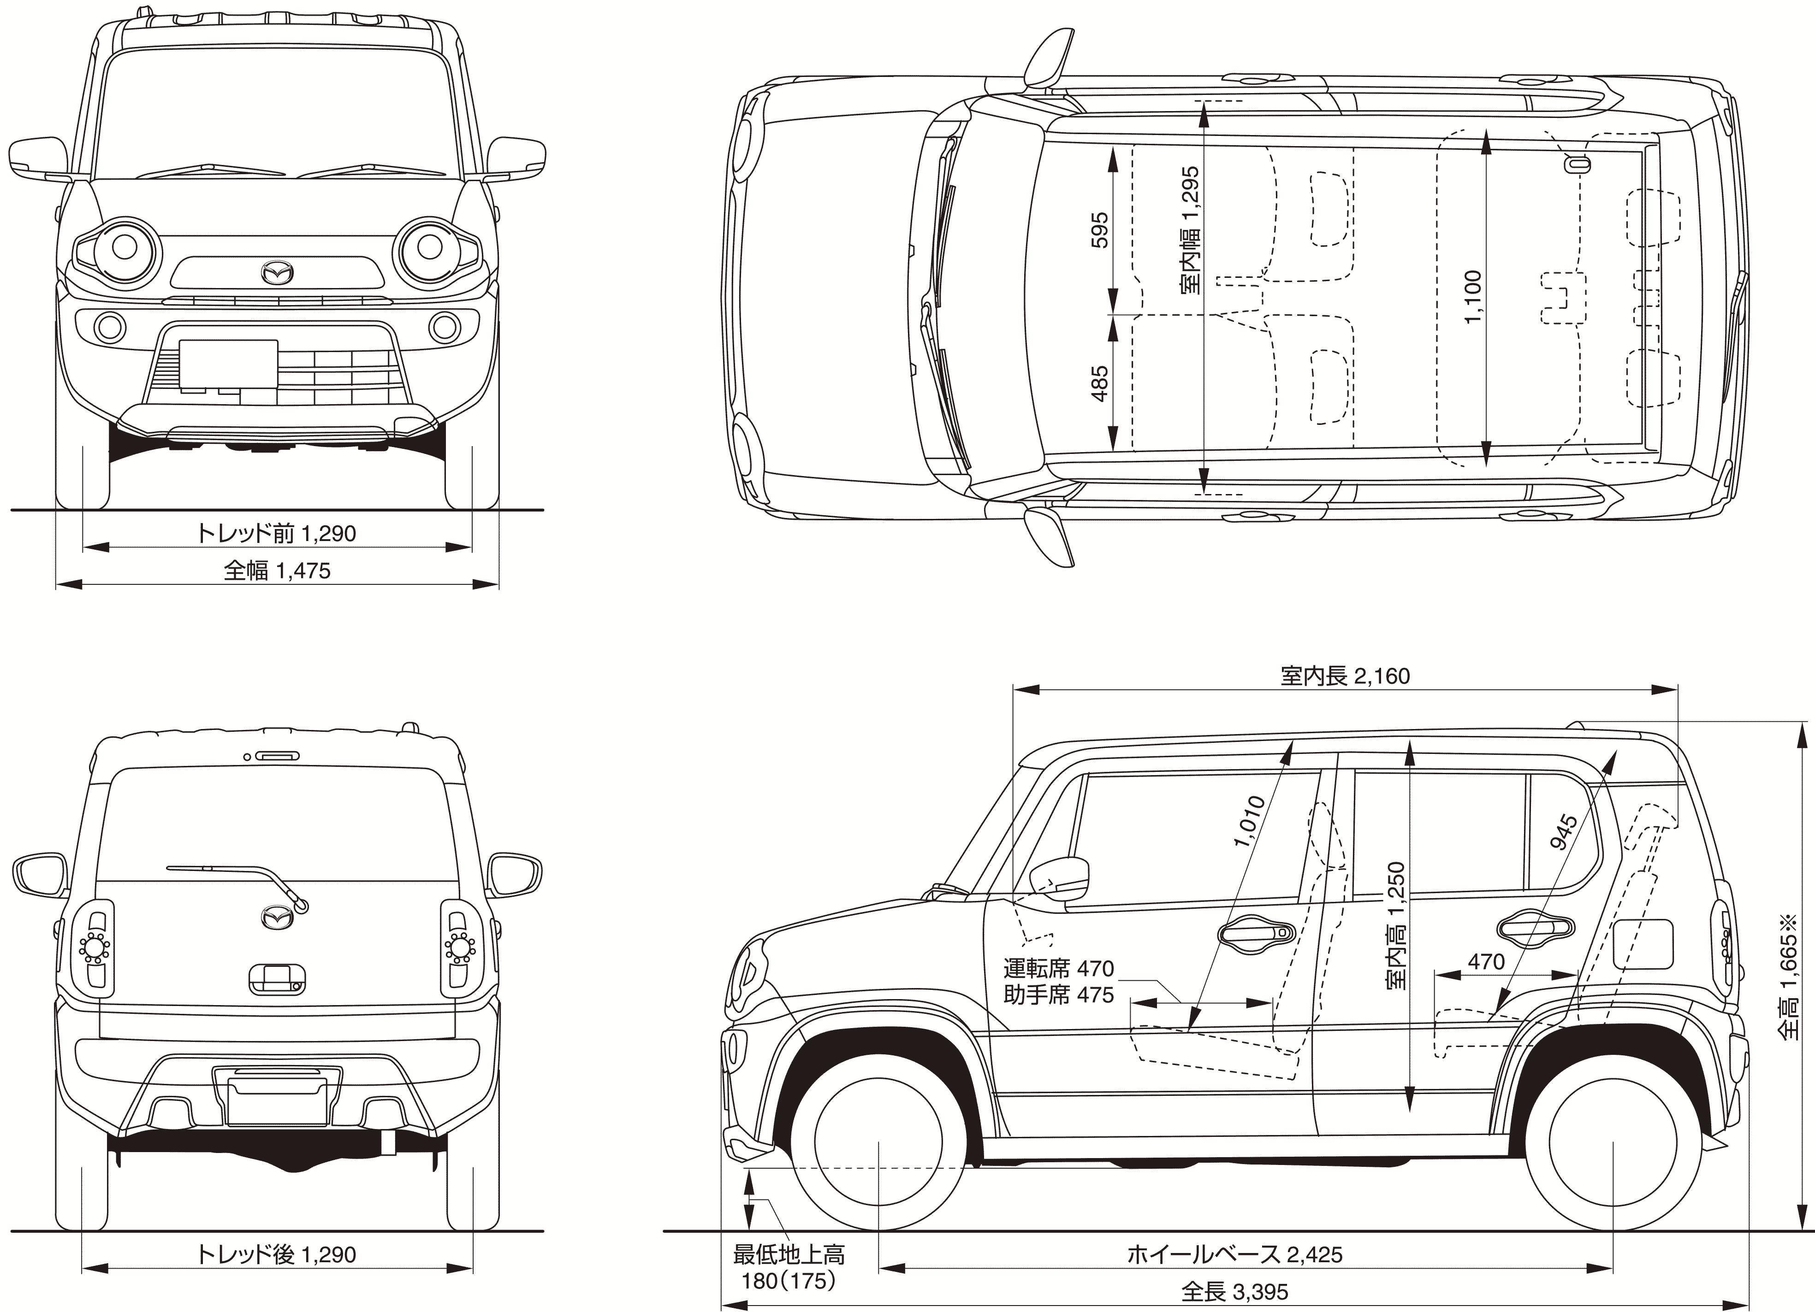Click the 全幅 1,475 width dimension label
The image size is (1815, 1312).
(x=277, y=571)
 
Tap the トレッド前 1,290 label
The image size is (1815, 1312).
(x=276, y=533)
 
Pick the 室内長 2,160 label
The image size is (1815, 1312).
(x=1345, y=676)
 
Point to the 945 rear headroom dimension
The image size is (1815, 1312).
(x=1562, y=832)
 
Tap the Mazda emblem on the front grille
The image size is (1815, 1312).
(x=277, y=273)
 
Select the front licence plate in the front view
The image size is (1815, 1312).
(x=228, y=365)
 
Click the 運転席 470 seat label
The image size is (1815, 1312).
(x=1058, y=969)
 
